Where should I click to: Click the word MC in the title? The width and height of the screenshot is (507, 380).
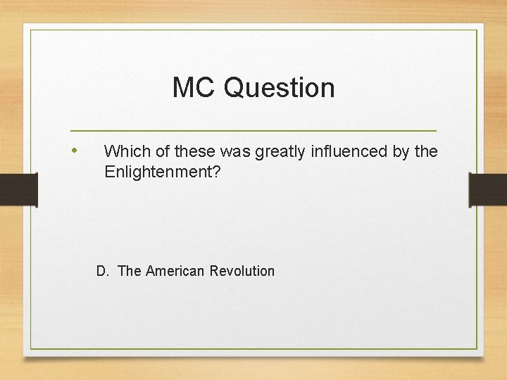(x=194, y=88)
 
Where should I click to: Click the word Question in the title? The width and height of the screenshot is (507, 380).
(x=280, y=88)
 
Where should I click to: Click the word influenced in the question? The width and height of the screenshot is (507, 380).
(x=336, y=151)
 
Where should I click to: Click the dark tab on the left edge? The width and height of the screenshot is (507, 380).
(x=18, y=190)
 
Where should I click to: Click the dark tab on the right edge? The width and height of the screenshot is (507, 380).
(x=488, y=190)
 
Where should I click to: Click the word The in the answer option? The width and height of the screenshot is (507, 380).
(x=130, y=271)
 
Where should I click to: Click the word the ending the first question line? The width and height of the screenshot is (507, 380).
(x=426, y=151)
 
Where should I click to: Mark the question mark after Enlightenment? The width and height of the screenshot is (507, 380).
(x=216, y=171)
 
